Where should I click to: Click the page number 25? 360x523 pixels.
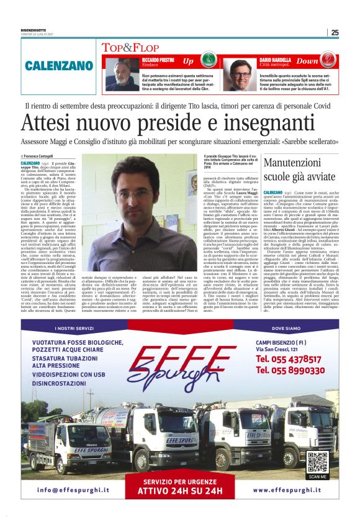pyautogui.click(x=335, y=33)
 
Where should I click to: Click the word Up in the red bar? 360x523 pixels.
pyautogui.click(x=188, y=61)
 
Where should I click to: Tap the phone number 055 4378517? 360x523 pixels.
pyautogui.click(x=289, y=358)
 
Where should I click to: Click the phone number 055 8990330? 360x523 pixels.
pyautogui.click(x=289, y=370)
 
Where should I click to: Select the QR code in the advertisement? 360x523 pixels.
pyautogui.click(x=317, y=462)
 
